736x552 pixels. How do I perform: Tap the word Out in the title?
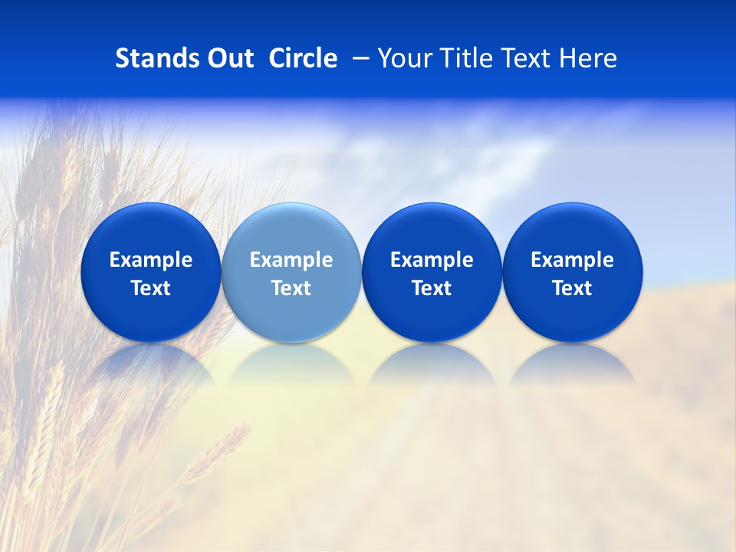point(228,58)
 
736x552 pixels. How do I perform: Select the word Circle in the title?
point(303,58)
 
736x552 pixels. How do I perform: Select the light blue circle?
point(291,230)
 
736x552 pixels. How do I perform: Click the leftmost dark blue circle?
point(151,230)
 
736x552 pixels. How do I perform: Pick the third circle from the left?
point(432,230)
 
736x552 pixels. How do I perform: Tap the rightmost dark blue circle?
point(572,230)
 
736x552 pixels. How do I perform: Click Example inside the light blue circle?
point(291,260)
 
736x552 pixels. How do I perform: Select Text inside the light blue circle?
point(291,288)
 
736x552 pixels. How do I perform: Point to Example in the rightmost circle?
point(572,260)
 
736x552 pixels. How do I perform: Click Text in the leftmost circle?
point(151,288)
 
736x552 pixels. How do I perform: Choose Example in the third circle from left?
point(432,260)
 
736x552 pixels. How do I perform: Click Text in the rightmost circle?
point(572,288)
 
